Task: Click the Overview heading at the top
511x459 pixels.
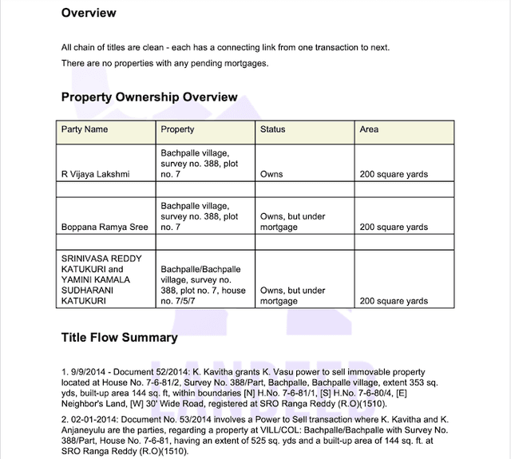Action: point(89,13)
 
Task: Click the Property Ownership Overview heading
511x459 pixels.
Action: point(149,97)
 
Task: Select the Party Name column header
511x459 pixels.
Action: point(85,129)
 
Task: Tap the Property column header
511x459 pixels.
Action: point(177,129)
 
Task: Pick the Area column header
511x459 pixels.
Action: point(369,129)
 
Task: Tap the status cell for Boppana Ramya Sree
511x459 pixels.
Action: point(293,222)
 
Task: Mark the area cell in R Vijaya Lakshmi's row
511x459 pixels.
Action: point(394,174)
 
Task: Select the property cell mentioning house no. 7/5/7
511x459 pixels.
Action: point(200,286)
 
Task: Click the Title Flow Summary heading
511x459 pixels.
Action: point(120,337)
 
